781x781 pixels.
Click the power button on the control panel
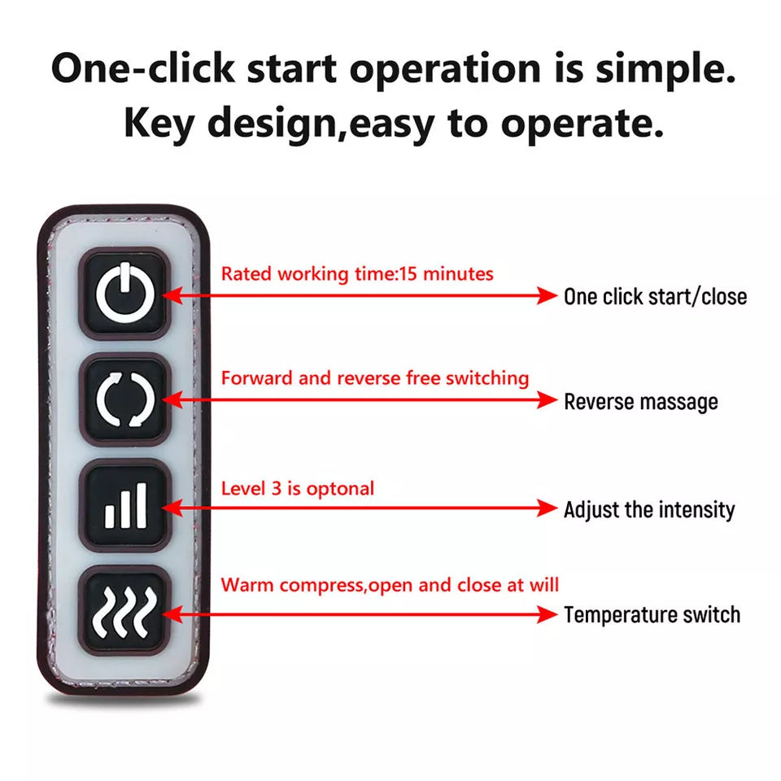point(124,294)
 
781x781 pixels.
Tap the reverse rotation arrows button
point(124,399)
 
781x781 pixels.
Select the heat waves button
point(124,611)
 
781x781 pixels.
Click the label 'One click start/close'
point(655,297)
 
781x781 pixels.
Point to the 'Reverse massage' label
point(640,401)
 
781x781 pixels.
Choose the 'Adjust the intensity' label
point(649,509)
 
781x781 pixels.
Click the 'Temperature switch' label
point(652,615)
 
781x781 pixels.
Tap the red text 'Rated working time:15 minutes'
point(357,274)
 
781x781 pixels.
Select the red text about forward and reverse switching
point(374,378)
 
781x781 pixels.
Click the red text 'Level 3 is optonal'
point(298,489)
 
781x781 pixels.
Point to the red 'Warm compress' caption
point(390,585)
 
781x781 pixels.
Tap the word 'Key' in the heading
point(159,123)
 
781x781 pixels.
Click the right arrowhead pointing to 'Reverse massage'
point(548,400)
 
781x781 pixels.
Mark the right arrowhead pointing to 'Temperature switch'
point(548,614)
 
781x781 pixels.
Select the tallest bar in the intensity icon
point(142,505)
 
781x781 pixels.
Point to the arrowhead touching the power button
point(172,295)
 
